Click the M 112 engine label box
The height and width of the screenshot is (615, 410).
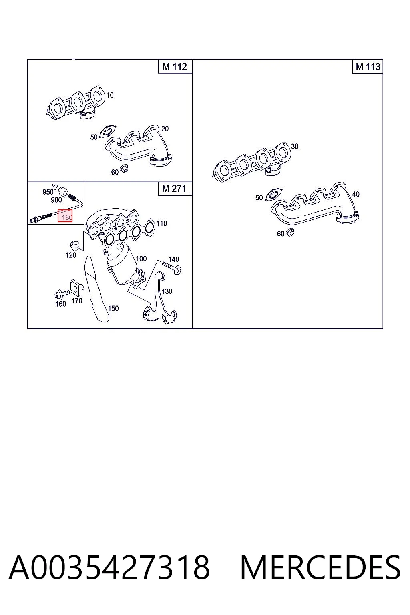[175, 67]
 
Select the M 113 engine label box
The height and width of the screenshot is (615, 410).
[368, 67]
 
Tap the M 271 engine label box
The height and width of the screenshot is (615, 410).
[175, 189]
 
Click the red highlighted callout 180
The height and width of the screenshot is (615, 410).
[65, 216]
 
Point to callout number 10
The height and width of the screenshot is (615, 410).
[110, 95]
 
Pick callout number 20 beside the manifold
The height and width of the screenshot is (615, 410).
[165, 129]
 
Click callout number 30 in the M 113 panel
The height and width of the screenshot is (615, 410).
[295, 146]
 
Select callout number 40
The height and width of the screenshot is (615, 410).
[356, 194]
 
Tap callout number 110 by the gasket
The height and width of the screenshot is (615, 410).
[161, 223]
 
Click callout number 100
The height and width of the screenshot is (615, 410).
[141, 259]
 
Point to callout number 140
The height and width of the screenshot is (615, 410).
[173, 259]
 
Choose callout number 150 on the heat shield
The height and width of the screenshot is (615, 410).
[113, 308]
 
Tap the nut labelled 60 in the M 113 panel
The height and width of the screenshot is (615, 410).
[290, 232]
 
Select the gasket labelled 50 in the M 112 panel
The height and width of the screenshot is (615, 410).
[108, 131]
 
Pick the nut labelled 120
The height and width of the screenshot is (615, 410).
[74, 244]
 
